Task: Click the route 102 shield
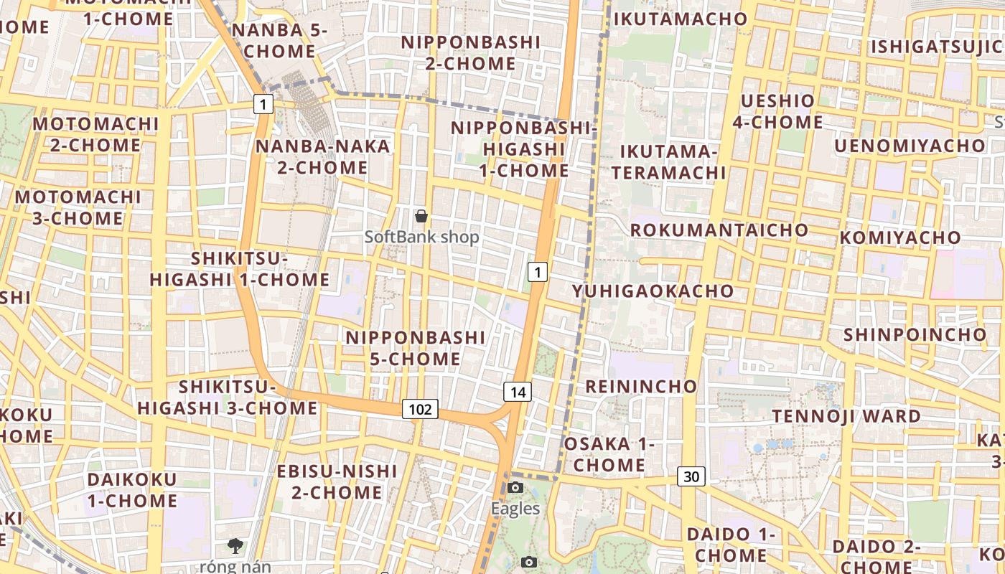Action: tap(420, 409)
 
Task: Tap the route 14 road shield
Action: tap(518, 391)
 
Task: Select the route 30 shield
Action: tap(691, 476)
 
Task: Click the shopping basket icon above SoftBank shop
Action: tap(421, 215)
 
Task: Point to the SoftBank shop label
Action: tap(421, 237)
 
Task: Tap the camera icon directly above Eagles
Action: tap(515, 488)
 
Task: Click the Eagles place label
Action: tap(515, 509)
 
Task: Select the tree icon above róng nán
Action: tap(235, 546)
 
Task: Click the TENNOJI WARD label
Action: tap(846, 416)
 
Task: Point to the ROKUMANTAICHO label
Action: tap(719, 230)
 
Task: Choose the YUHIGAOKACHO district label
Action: tap(653, 291)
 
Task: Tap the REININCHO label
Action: tap(641, 386)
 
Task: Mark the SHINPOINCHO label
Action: tap(915, 334)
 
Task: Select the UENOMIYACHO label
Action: tap(910, 146)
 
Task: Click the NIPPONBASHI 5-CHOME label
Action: tap(416, 347)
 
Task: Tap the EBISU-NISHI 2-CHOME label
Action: tap(337, 481)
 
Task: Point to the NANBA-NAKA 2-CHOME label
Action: tap(323, 156)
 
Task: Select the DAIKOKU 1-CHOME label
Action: tap(132, 489)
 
